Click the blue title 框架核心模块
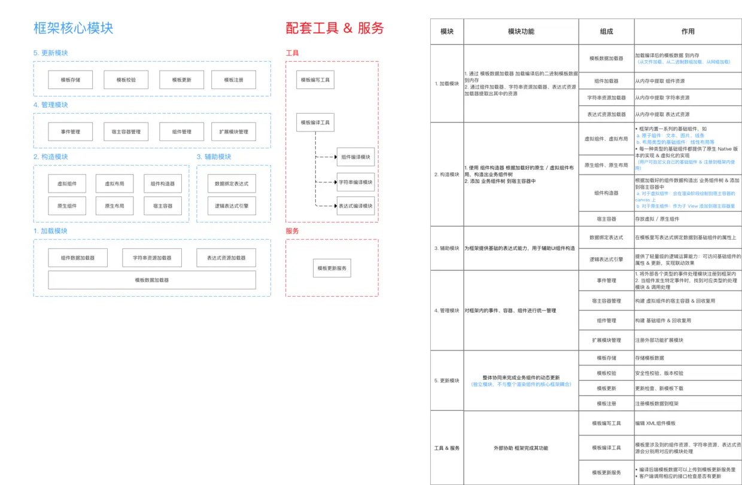(x=73, y=28)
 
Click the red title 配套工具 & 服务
(x=334, y=28)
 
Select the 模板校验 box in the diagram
(x=126, y=80)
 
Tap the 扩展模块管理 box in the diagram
(x=234, y=132)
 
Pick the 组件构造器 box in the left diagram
(x=163, y=184)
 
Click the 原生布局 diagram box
(x=114, y=206)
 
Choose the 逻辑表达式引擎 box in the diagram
(x=232, y=206)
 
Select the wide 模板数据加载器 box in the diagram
(x=151, y=280)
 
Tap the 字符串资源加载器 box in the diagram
(x=152, y=258)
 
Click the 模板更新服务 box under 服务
(x=332, y=268)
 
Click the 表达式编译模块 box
(x=355, y=206)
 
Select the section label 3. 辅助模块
(x=214, y=157)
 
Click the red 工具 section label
(x=292, y=53)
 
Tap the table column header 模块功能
(x=521, y=31)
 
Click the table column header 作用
(x=688, y=31)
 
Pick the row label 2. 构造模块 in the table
(x=447, y=175)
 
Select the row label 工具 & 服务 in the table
(x=447, y=448)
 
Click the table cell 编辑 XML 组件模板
(x=655, y=423)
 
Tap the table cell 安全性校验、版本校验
(x=659, y=373)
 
